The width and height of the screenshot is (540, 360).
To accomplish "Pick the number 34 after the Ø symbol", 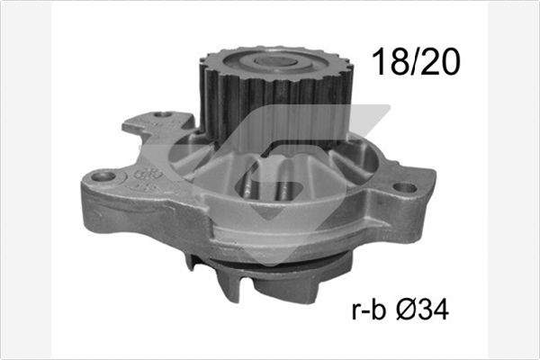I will coord(431,310).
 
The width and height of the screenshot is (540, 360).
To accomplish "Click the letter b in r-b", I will coord(377,310).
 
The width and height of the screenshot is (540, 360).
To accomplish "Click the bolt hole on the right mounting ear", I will coord(406,188).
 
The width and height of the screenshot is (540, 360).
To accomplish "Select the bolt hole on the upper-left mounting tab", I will coord(163,115).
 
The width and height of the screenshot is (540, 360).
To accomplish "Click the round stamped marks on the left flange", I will coord(147,175).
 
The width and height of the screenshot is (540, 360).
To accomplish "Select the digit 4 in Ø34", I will coord(439,310).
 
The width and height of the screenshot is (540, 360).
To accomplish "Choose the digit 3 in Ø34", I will coord(422,310).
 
